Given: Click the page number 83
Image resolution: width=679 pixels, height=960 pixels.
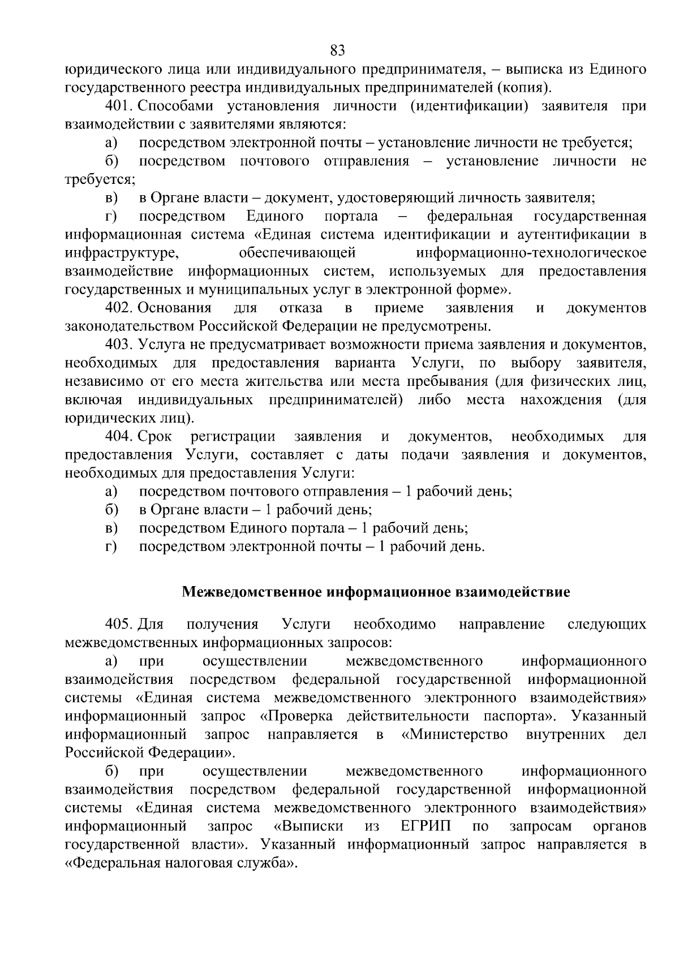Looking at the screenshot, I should [337, 51].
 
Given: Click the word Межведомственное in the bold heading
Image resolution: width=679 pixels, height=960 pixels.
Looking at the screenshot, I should [253, 592].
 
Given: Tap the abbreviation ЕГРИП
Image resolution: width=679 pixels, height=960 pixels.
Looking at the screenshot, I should [426, 826].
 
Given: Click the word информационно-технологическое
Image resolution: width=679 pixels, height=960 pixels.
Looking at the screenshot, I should [531, 253].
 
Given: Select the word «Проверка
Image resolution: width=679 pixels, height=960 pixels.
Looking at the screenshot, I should [296, 716].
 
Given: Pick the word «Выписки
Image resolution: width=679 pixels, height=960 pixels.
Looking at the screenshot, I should [308, 826].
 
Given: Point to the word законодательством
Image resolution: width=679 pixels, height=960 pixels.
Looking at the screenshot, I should [130, 326].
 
